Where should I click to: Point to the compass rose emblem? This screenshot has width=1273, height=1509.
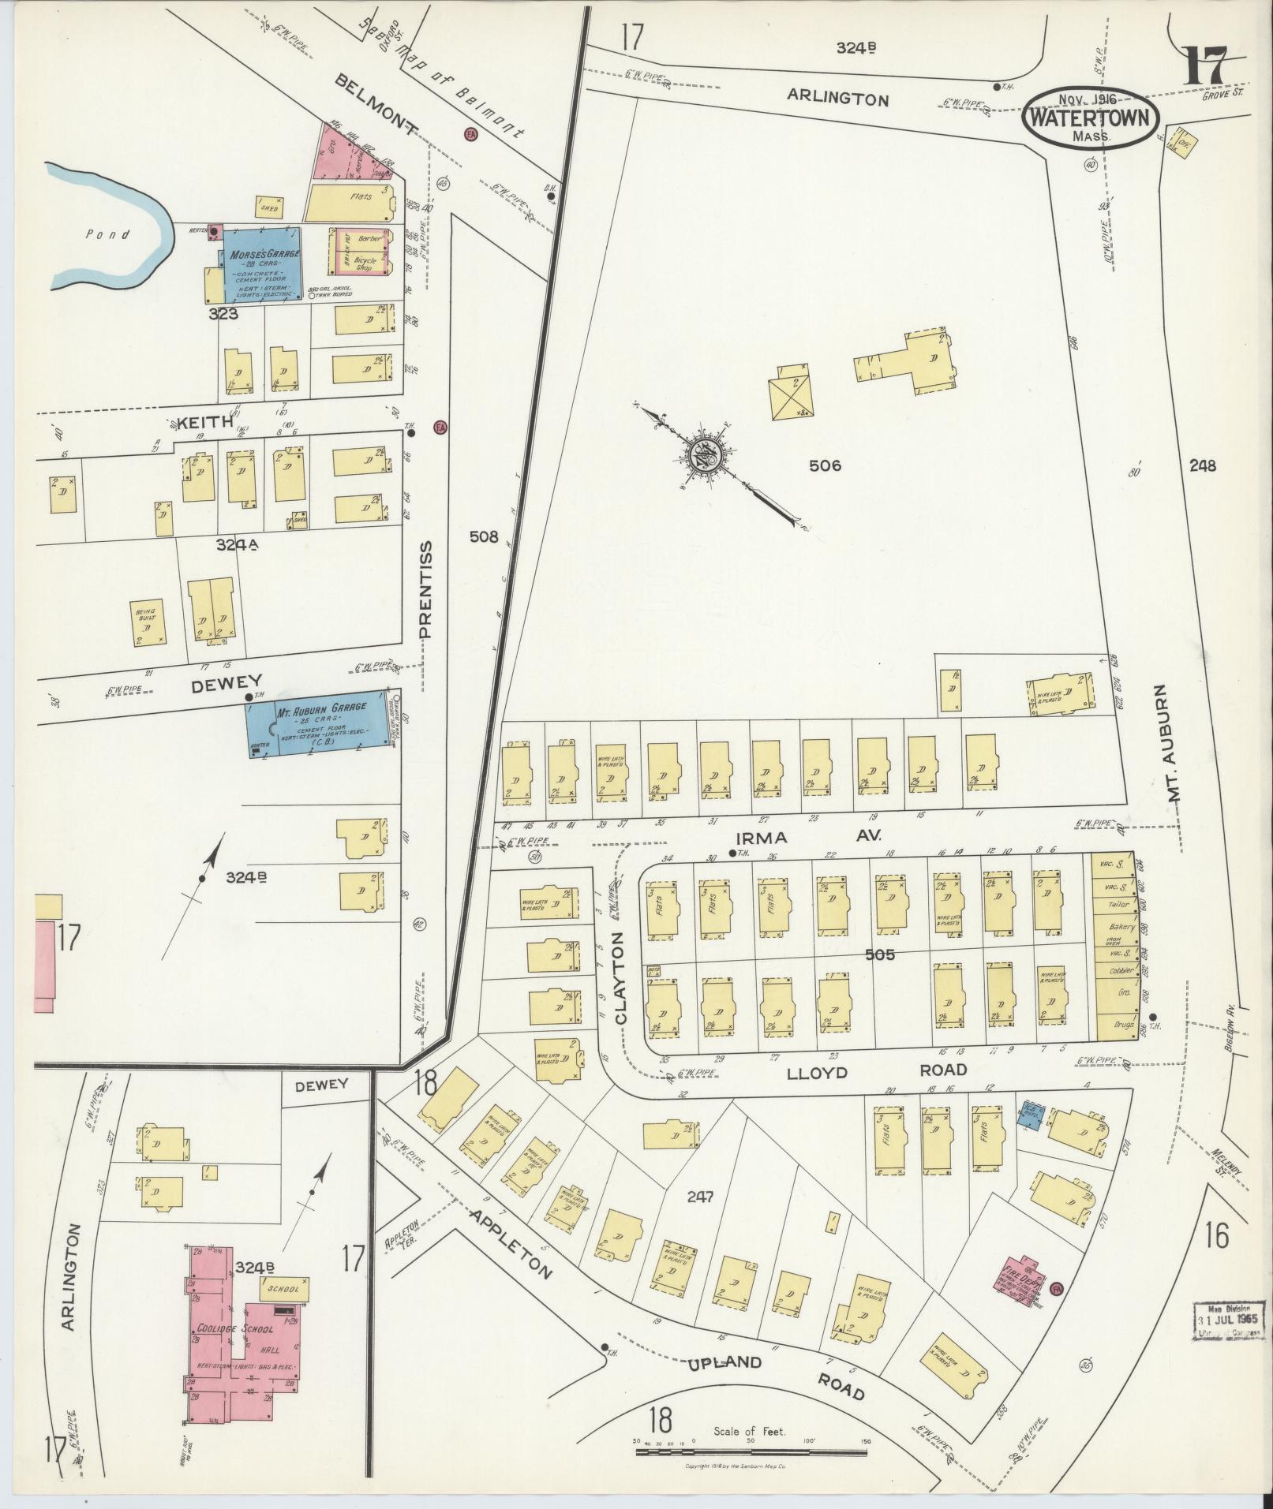tap(704, 456)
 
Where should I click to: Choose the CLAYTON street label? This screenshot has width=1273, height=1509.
tap(620, 978)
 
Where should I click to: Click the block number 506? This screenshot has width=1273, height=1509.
tap(825, 465)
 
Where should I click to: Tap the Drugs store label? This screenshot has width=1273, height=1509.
tap(1123, 1027)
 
